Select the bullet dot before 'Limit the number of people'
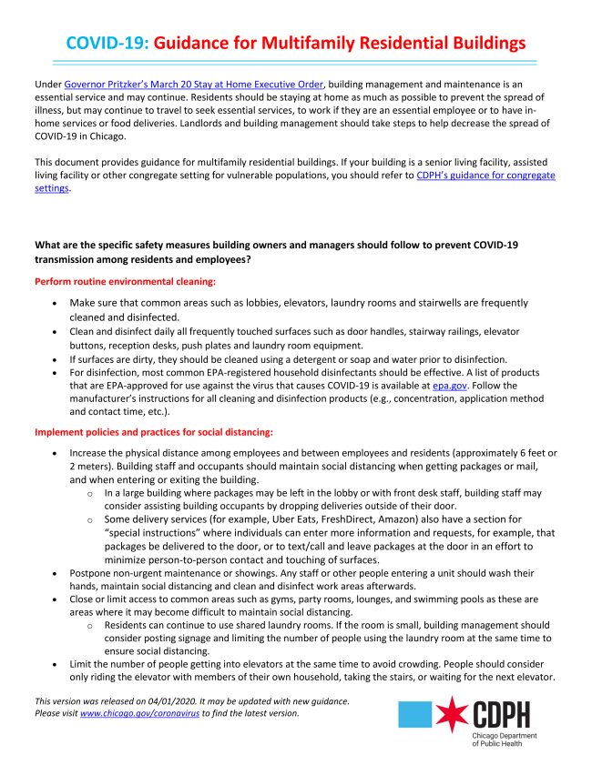click(x=56, y=667)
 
